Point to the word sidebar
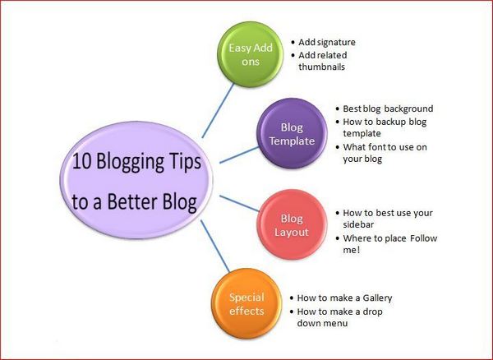(359, 224)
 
